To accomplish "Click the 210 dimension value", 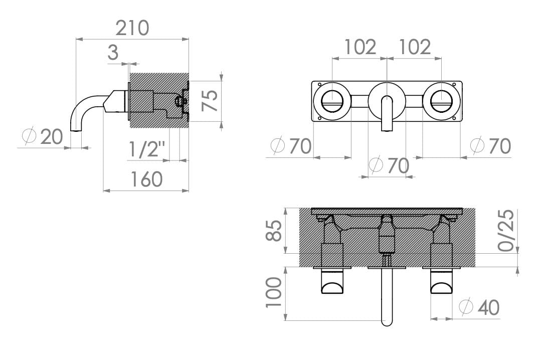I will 132,28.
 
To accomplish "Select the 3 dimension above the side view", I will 113,52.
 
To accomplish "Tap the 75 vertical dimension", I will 210,101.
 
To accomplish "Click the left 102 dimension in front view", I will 360,47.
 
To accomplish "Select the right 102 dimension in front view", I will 415,47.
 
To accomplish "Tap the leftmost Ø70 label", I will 291,146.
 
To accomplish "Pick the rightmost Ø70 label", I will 491,146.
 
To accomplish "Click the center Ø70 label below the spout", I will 389,165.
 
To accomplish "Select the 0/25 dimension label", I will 507,230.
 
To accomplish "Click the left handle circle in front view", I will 332,101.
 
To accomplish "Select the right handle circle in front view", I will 441,101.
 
